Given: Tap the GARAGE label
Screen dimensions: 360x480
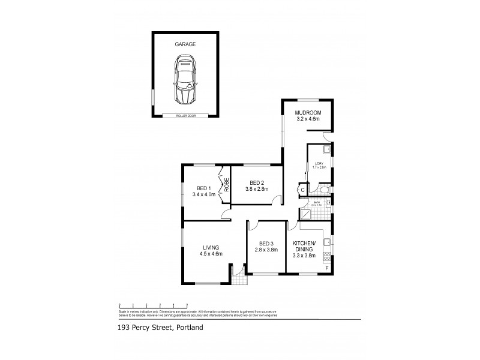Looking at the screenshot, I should point(185,44).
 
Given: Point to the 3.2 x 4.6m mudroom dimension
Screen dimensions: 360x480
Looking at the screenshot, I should point(308,119).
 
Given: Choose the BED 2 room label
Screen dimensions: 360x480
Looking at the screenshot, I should point(257,182).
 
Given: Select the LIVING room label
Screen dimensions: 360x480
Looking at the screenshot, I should point(211,247).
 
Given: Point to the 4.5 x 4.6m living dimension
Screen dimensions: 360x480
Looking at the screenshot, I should point(211,254).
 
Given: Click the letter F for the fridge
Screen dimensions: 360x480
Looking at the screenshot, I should point(326,268).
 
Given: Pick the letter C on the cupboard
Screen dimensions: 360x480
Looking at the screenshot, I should point(302,190).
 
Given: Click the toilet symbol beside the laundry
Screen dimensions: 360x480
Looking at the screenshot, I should point(324,190).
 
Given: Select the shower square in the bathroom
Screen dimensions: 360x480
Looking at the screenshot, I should point(305,214).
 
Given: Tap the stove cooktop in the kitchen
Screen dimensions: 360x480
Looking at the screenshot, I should point(327,258).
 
